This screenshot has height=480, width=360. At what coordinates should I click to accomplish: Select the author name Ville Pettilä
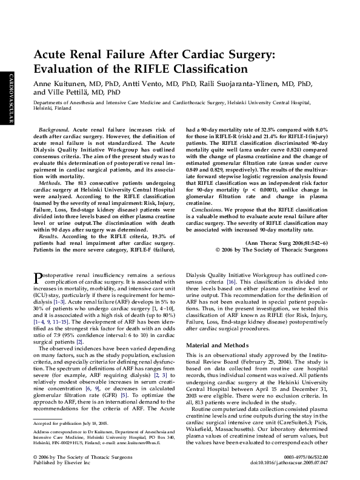[71, 93]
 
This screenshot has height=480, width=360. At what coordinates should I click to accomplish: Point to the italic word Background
[53, 130]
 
